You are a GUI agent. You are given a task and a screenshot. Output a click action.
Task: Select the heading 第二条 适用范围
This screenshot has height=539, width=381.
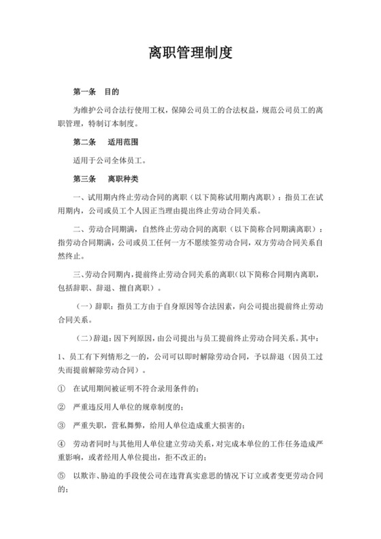[x=105, y=143]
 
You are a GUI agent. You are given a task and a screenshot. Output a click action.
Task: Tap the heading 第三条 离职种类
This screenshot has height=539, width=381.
[x=105, y=179]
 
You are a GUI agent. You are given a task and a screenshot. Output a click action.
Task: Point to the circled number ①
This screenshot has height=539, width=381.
[x=61, y=388]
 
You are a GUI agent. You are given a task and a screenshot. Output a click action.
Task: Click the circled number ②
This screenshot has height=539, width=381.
[x=61, y=407]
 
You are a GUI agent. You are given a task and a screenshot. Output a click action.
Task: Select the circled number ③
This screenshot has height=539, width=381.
[x=61, y=425]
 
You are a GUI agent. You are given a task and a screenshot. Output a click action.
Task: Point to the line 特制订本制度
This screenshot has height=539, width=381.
[x=112, y=125]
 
